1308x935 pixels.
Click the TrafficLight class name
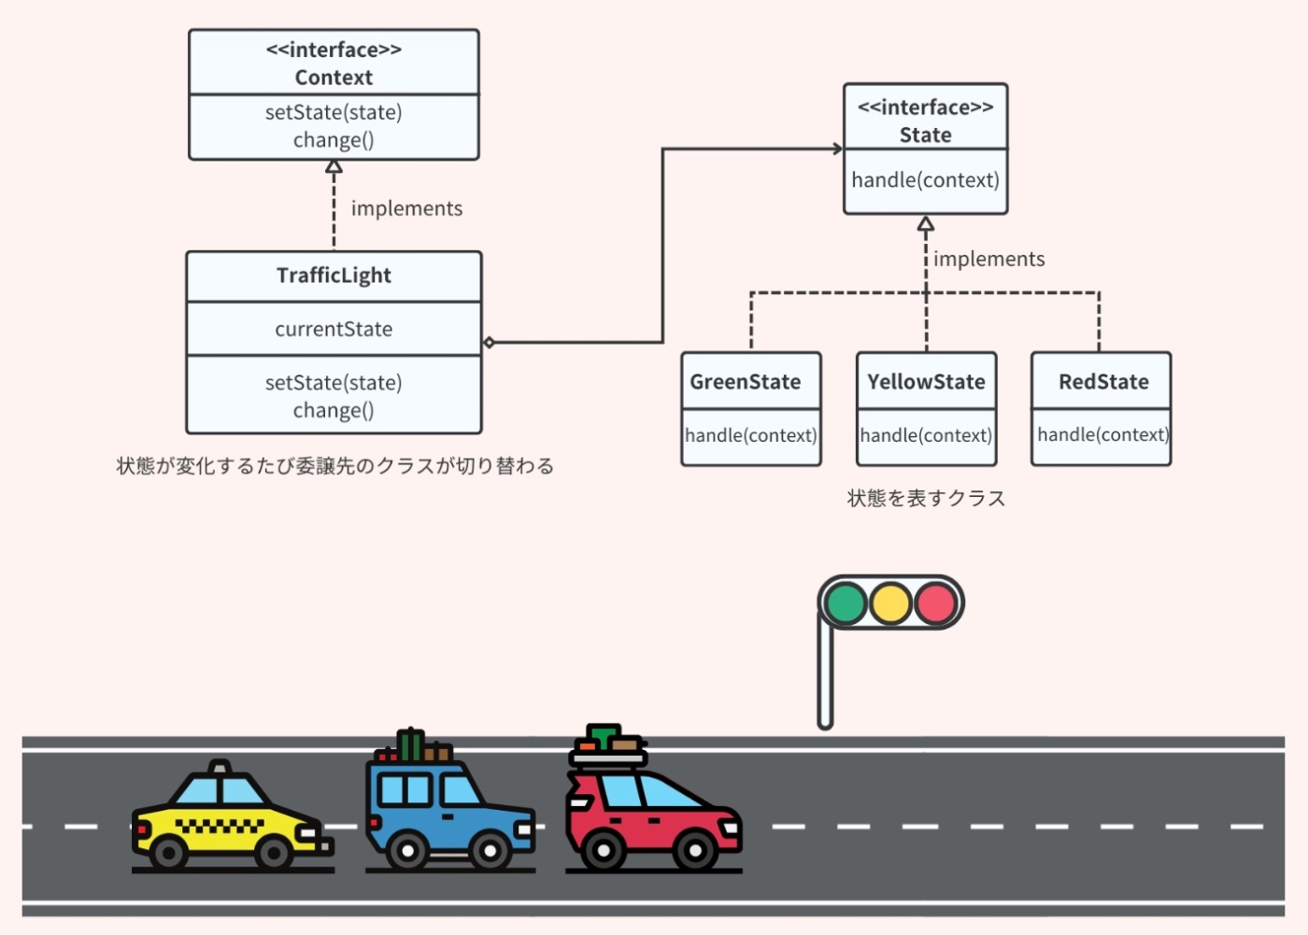(x=334, y=276)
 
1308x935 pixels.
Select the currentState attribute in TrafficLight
(x=334, y=329)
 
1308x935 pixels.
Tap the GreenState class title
(x=746, y=382)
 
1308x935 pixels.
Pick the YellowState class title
(x=926, y=382)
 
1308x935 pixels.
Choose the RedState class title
(x=1103, y=382)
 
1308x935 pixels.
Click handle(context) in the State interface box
(x=925, y=180)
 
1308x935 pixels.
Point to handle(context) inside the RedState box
(x=1102, y=434)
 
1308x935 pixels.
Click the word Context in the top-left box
(x=334, y=78)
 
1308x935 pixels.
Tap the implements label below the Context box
(x=406, y=208)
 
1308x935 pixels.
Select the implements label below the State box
(x=988, y=259)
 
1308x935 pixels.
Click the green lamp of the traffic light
(x=846, y=603)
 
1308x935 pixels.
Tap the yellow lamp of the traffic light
(x=890, y=603)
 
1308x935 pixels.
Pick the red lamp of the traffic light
(x=935, y=603)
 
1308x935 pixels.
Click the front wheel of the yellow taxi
(x=274, y=852)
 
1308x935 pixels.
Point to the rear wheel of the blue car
(x=407, y=851)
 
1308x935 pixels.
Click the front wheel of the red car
(x=694, y=851)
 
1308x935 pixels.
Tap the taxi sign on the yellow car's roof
(x=220, y=767)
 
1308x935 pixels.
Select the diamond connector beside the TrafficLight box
(x=489, y=343)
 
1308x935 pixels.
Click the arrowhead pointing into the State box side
(x=837, y=149)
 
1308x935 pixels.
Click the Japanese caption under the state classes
(x=926, y=499)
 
